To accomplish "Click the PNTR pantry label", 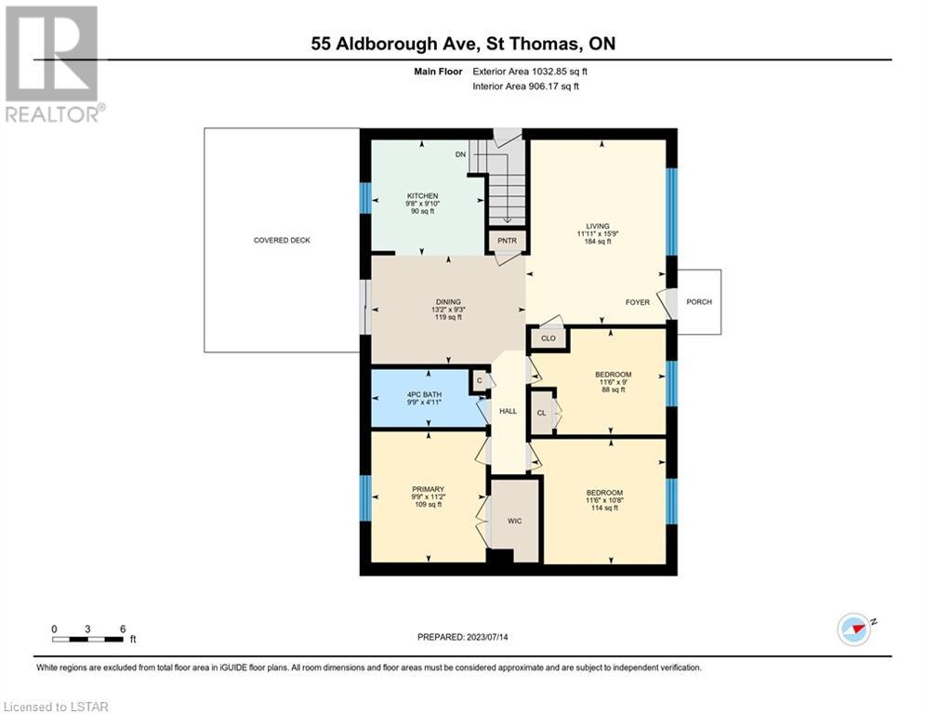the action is tap(507, 240).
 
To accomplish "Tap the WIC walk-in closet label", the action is tap(514, 521).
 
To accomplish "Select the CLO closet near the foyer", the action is tap(548, 338).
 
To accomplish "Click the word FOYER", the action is tap(637, 302).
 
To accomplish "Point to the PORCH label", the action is tap(699, 301).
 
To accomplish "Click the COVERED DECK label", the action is tap(282, 240).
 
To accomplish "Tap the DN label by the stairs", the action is tap(460, 154).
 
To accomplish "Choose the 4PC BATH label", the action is tap(424, 395).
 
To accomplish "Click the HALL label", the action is tap(508, 411).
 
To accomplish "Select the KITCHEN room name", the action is tap(422, 196).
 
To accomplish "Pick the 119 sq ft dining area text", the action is tap(448, 317).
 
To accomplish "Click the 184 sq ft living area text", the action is tap(598, 242).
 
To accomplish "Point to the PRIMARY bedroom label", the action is tap(428, 489).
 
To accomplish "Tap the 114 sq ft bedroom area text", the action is tap(604, 508).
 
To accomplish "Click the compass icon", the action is tap(853, 629).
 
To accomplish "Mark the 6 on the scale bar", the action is tap(123, 629).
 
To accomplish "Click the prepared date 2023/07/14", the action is tap(487, 637).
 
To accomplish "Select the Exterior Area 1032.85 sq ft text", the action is tap(530, 72).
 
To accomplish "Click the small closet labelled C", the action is tap(480, 380).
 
